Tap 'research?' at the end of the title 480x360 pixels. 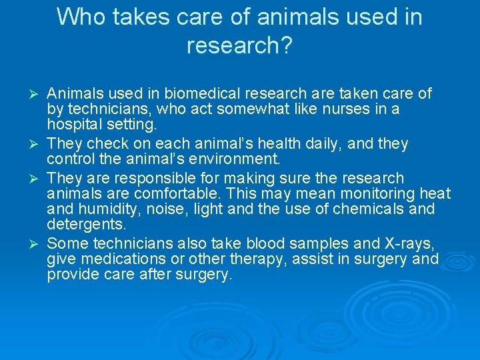(240, 45)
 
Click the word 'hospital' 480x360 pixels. (73, 125)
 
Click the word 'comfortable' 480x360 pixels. (173, 194)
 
